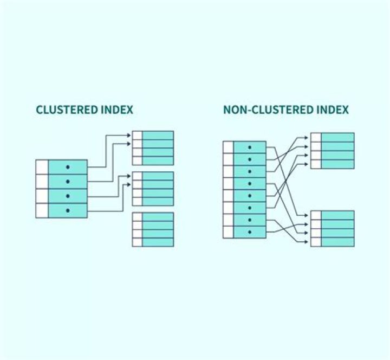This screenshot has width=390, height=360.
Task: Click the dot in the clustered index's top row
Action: (68, 167)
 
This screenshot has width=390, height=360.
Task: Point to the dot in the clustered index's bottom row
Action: (68, 210)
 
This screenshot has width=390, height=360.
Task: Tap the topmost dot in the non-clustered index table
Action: (249, 147)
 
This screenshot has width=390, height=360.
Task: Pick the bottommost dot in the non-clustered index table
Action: (249, 232)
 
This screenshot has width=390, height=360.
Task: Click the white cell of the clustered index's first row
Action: (42, 167)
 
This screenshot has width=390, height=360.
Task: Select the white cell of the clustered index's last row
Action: (42, 210)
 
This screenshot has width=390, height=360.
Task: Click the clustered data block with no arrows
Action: (153, 229)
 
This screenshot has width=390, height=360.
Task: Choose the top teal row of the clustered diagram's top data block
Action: (158, 135)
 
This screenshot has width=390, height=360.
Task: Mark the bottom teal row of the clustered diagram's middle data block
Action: (158, 202)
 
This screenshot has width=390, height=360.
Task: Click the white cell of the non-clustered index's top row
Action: (228, 147)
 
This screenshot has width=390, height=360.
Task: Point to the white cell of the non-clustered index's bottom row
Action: (228, 232)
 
